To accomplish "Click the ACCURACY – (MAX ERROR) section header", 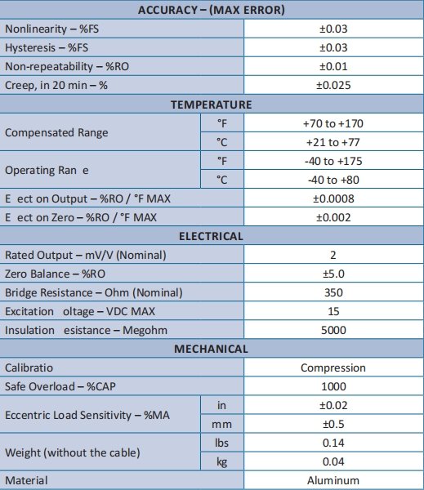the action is tap(211, 11).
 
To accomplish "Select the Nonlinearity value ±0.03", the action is tap(333, 29).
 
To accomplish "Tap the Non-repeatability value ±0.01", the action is tap(333, 67).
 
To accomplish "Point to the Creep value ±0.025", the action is tap(333, 86).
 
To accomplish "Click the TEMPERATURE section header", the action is tap(211, 105).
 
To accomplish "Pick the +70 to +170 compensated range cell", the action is tap(333, 123).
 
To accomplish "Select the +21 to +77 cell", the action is tap(333, 142).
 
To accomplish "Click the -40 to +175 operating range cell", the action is tap(333, 161).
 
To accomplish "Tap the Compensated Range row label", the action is tap(56, 132).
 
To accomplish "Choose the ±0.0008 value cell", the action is tap(333, 198).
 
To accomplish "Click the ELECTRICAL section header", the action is tap(211, 236).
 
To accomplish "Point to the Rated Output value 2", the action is tap(333, 255).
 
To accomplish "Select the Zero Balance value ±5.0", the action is tap(333, 274).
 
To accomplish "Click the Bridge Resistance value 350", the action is tap(333, 292).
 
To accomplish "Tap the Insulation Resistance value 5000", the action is tap(333, 330).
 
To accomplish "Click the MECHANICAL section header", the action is tap(211, 349).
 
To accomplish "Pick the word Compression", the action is tap(333, 367).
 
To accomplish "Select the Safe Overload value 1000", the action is tap(333, 386).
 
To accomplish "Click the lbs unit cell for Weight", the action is tap(221, 443).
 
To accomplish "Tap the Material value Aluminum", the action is tap(333, 480).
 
